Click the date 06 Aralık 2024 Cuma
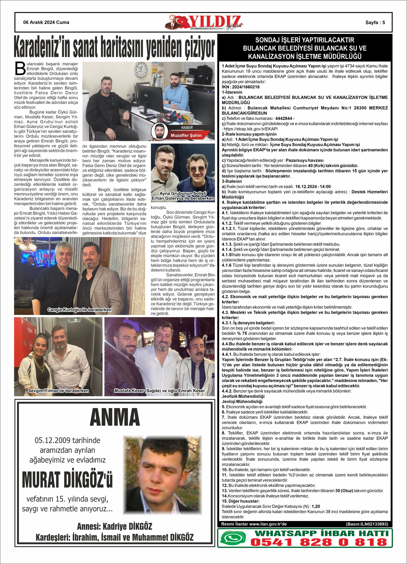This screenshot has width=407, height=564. pyautogui.click(x=46, y=22)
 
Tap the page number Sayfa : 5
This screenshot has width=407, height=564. pyautogui.click(x=375, y=23)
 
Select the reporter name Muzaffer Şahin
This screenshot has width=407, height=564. pyautogui.click(x=186, y=135)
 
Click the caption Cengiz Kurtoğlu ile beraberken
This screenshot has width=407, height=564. pyautogui.click(x=80, y=310)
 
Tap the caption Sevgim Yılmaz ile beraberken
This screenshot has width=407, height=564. pyautogui.click(x=58, y=391)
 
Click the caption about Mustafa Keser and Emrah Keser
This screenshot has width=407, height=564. pyautogui.click(x=160, y=391)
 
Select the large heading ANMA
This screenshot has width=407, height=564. pyautogui.click(x=115, y=417)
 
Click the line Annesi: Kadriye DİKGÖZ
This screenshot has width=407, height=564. pyautogui.click(x=115, y=526)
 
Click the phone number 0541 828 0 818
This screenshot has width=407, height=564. pyautogui.click(x=319, y=542)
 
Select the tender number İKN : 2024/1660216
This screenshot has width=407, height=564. pyautogui.click(x=241, y=87)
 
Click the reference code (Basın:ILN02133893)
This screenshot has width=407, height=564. pyautogui.click(x=367, y=524)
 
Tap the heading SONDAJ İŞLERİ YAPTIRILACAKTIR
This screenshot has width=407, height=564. pyautogui.click(x=305, y=40)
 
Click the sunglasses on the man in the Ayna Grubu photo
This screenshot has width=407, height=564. pyautogui.click(x=197, y=169)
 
